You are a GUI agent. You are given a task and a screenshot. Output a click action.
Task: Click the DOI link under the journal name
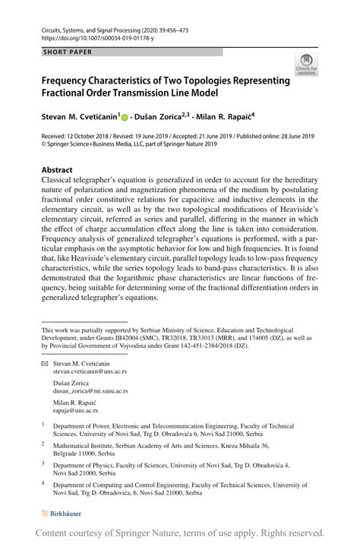click(x=87, y=36)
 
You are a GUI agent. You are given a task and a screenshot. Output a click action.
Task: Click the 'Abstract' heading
click(x=57, y=169)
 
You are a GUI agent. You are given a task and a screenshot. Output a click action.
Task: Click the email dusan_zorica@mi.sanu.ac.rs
click(x=94, y=392)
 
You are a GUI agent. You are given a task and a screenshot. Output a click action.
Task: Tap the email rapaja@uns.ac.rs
click(x=75, y=411)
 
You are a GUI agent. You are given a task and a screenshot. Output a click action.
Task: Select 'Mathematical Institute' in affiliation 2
click(x=85, y=446)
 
